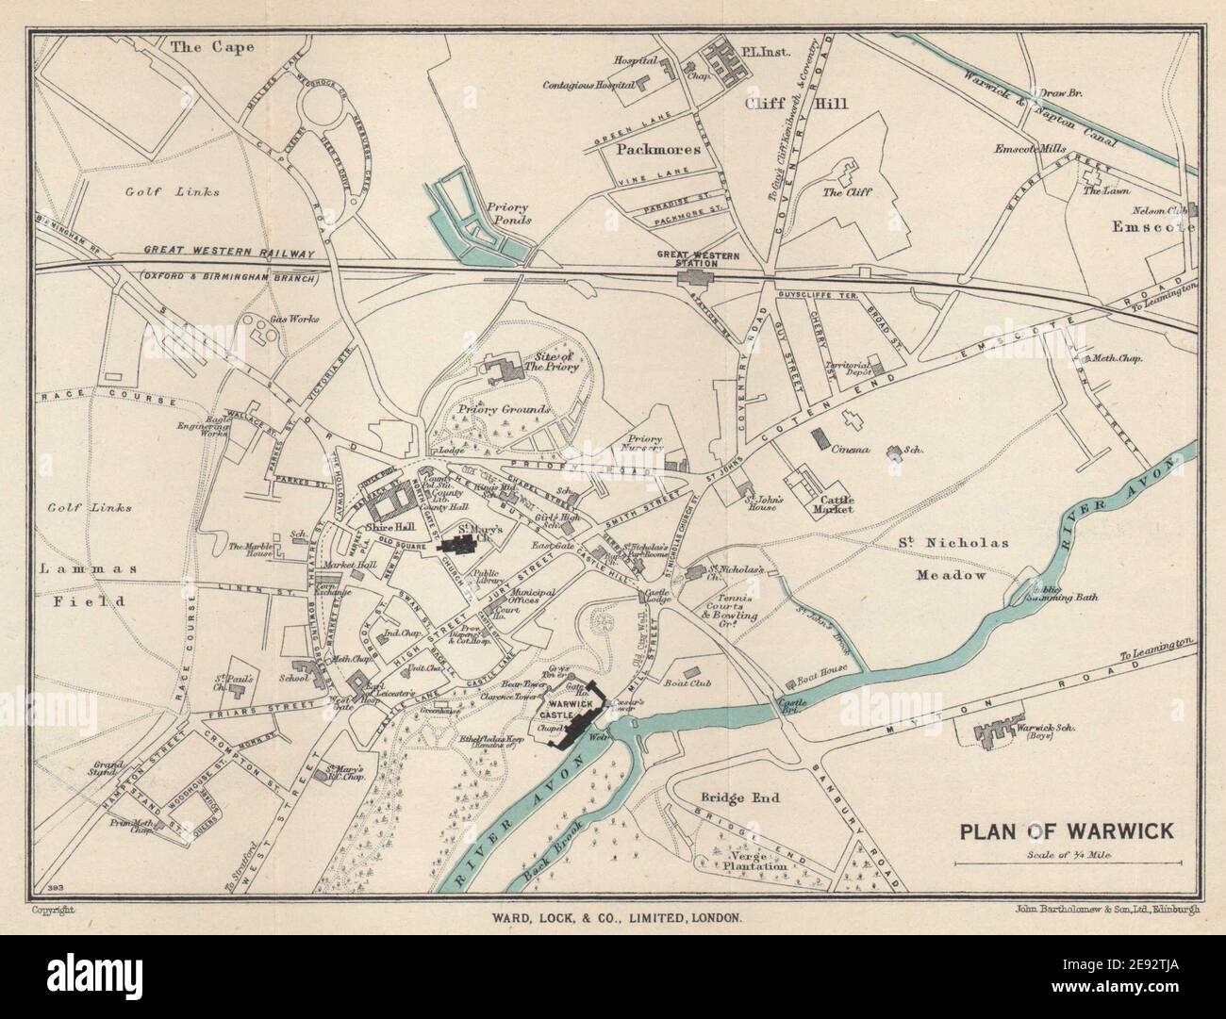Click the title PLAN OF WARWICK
click(x=1066, y=831)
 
